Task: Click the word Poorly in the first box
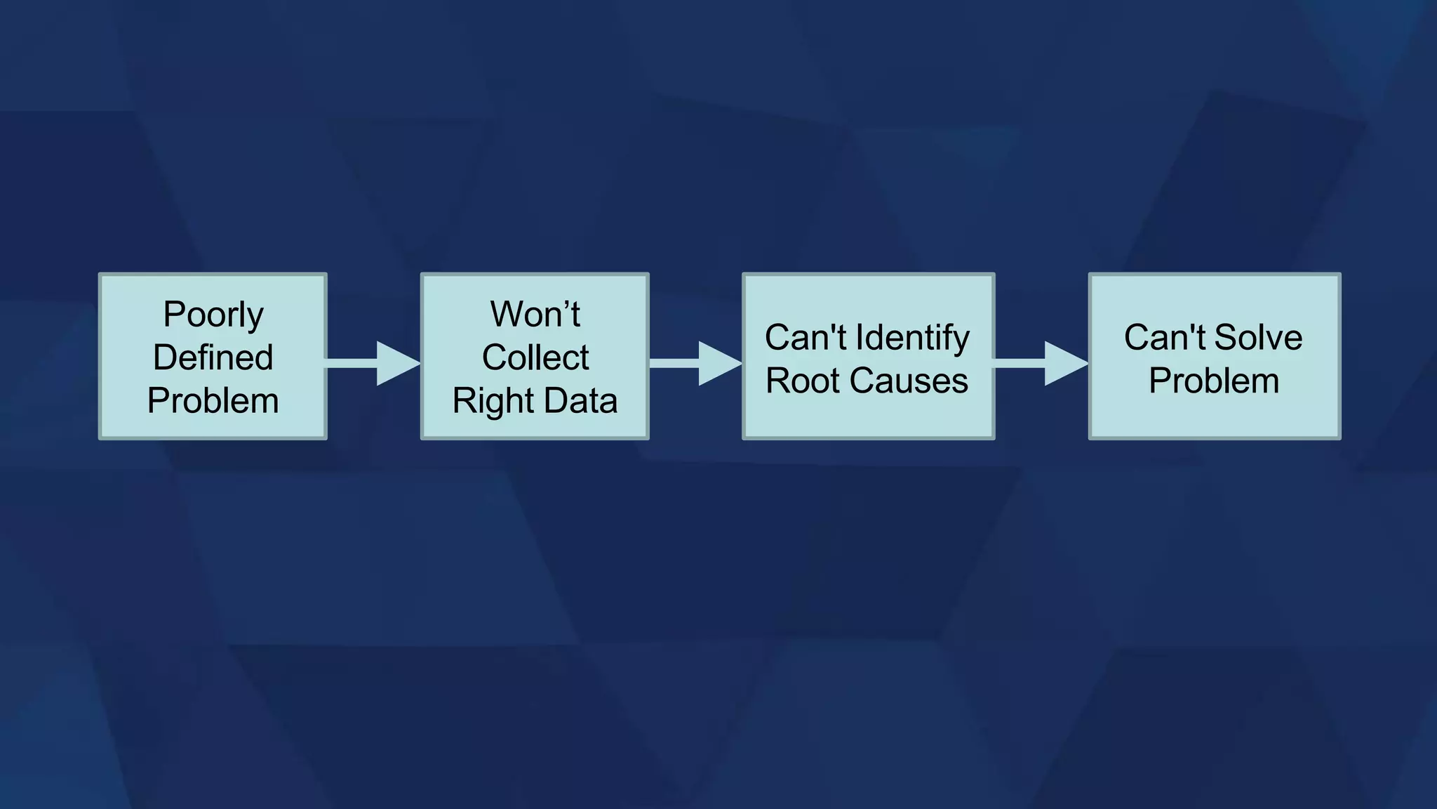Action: tap(213, 315)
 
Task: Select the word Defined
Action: tap(213, 357)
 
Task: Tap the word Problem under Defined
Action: tap(213, 401)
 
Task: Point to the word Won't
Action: tap(535, 314)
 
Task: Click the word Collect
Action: tap(535, 357)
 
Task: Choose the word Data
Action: tap(580, 401)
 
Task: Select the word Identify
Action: tap(912, 338)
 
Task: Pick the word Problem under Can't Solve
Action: tap(1214, 381)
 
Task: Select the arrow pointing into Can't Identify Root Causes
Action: tap(697, 363)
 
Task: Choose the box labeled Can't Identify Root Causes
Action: tap(869, 421)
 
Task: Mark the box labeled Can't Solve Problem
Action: tap(1214, 421)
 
